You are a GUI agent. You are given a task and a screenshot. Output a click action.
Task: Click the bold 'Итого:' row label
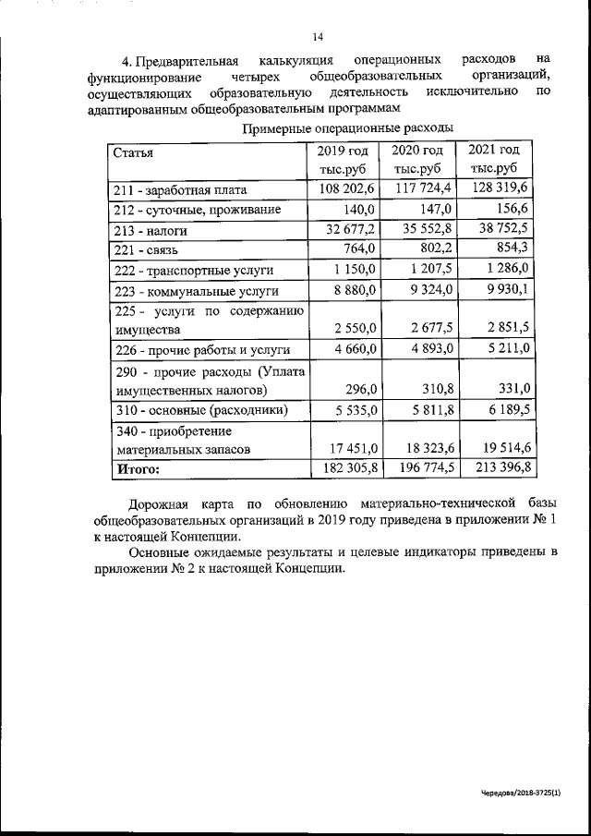coord(137,469)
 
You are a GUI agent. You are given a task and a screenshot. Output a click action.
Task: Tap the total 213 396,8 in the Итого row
coord(501,468)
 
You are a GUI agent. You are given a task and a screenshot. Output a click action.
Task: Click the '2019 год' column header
coord(342,151)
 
